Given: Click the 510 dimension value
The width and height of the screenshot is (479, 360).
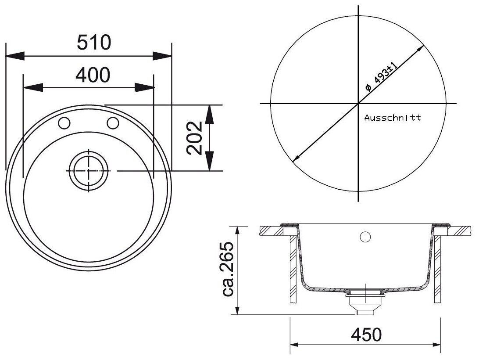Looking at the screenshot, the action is coord(94,43).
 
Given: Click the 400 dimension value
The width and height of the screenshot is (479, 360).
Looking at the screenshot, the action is coord(93,75).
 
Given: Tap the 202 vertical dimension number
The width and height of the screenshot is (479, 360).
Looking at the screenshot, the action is coord(195,138).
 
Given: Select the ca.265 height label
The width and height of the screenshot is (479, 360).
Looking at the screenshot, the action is coord(228,269).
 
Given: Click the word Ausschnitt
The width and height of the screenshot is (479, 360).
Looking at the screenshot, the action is coord(393,118).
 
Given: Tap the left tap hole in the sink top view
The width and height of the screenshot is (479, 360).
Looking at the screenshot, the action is coord(64,123).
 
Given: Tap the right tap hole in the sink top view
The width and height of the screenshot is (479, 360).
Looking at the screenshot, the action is coord(113,122).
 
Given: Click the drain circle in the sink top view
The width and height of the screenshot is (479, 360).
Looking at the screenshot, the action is coord(89,171).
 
